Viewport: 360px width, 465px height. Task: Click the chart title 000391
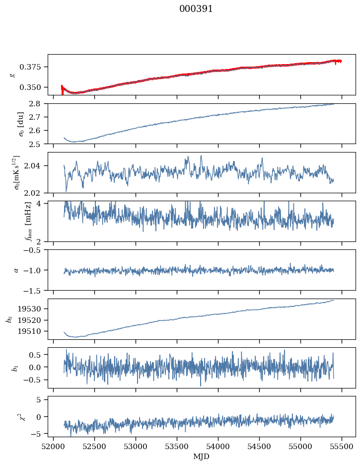point(196,9)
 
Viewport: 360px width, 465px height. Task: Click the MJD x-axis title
point(202,457)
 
